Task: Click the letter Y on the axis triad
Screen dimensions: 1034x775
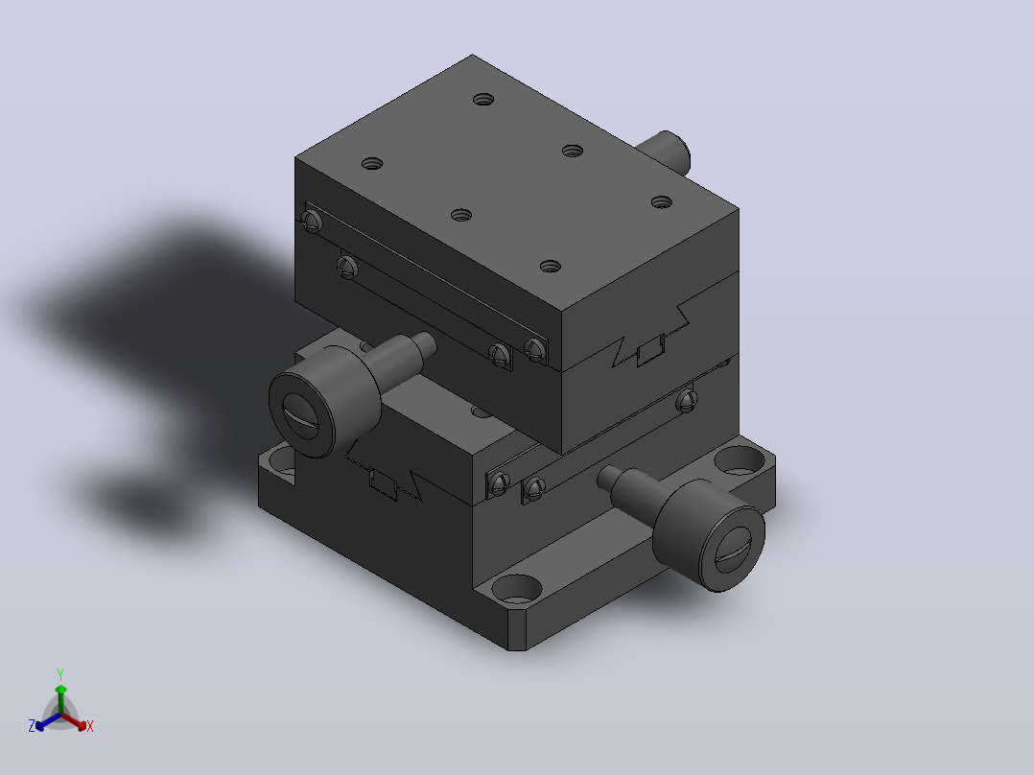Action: click(60, 674)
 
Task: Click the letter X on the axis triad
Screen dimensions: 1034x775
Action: click(90, 726)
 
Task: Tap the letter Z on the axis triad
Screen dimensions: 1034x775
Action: click(32, 725)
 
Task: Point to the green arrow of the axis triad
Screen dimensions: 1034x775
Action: click(60, 698)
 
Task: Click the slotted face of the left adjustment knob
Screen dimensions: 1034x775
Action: click(301, 415)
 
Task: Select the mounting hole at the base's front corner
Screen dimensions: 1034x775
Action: click(516, 589)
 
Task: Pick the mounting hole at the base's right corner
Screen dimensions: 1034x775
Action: click(740, 459)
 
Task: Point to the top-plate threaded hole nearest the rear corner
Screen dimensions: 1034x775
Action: click(483, 100)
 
